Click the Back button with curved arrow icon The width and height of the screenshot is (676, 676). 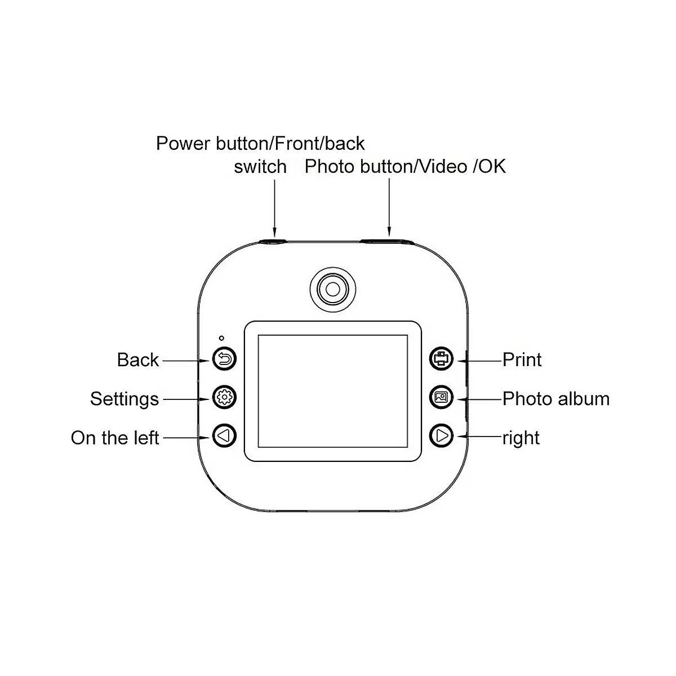(x=224, y=359)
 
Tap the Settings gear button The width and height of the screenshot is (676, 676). (x=224, y=398)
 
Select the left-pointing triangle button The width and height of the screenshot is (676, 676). (x=224, y=436)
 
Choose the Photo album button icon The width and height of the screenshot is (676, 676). (x=441, y=398)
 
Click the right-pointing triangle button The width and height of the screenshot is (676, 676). (x=441, y=436)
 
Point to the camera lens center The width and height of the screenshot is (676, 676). (x=333, y=288)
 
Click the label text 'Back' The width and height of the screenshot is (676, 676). (x=137, y=359)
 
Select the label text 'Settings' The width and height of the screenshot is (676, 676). (x=124, y=398)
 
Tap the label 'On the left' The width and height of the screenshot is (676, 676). (x=115, y=438)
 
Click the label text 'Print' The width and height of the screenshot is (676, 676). (x=522, y=359)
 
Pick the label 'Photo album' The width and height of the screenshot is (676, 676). (x=555, y=398)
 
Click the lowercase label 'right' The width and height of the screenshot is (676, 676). (x=521, y=438)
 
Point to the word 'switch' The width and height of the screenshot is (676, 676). (x=260, y=167)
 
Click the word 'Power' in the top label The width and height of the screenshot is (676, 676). (x=184, y=143)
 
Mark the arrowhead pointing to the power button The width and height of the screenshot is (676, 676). (x=275, y=232)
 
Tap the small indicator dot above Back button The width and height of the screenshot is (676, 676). (x=221, y=338)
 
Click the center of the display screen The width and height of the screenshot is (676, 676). (x=333, y=391)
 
